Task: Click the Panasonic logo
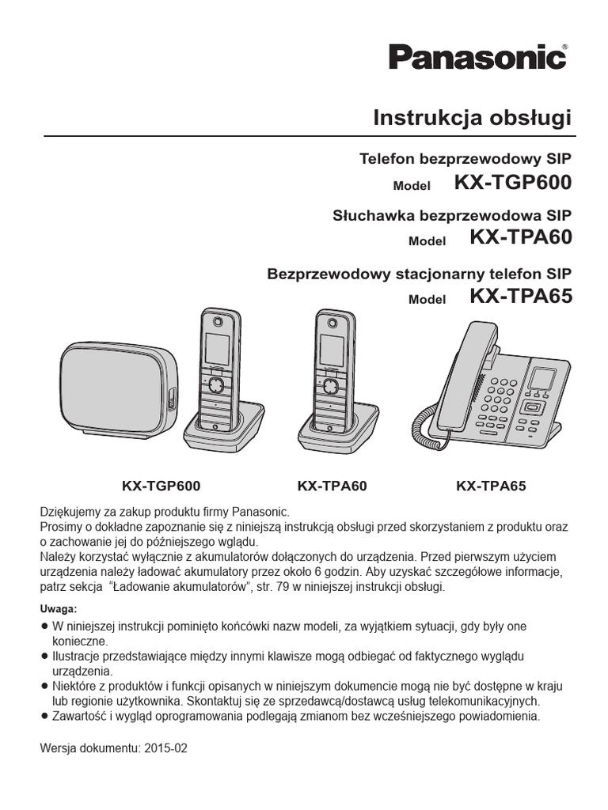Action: click(477, 60)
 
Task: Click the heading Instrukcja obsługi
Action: click(472, 118)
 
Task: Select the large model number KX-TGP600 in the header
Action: click(512, 184)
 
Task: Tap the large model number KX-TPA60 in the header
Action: click(519, 237)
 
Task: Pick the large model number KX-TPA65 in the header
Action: click(519, 297)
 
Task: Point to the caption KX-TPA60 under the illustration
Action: click(332, 485)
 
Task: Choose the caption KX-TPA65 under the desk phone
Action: click(491, 485)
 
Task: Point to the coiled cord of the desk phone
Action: click(425, 411)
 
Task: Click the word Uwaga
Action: click(58, 609)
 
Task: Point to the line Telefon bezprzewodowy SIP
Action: click(465, 159)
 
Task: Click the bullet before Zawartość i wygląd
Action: click(44, 716)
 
